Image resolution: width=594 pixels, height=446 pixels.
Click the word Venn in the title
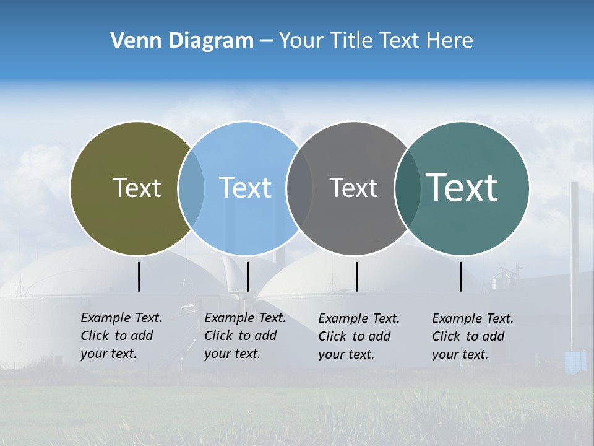coord(132,41)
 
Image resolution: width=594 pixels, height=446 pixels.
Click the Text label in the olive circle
coord(137,188)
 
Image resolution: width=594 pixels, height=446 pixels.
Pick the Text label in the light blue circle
coord(245,188)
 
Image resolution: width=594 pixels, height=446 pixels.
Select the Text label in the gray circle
coord(353,188)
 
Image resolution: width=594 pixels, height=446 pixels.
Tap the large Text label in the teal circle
coord(462,188)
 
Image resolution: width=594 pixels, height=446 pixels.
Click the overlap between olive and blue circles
coord(191,188)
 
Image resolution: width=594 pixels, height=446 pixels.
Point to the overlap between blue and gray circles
coord(299,188)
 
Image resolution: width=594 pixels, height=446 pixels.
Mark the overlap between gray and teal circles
coord(407,188)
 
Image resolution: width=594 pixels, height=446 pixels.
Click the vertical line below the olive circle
coord(139,276)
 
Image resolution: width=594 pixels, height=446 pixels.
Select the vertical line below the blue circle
coord(247,276)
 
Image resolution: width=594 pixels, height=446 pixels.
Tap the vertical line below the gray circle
coord(356,276)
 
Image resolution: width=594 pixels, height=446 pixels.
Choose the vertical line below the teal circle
coord(461,276)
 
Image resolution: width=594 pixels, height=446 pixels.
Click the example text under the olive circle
coord(121,336)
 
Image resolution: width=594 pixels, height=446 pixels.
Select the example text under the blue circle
coord(245,336)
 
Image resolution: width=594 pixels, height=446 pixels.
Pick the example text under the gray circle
coord(359,336)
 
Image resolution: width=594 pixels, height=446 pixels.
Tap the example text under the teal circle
coord(473,336)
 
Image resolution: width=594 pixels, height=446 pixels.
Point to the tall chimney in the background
coord(574,260)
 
